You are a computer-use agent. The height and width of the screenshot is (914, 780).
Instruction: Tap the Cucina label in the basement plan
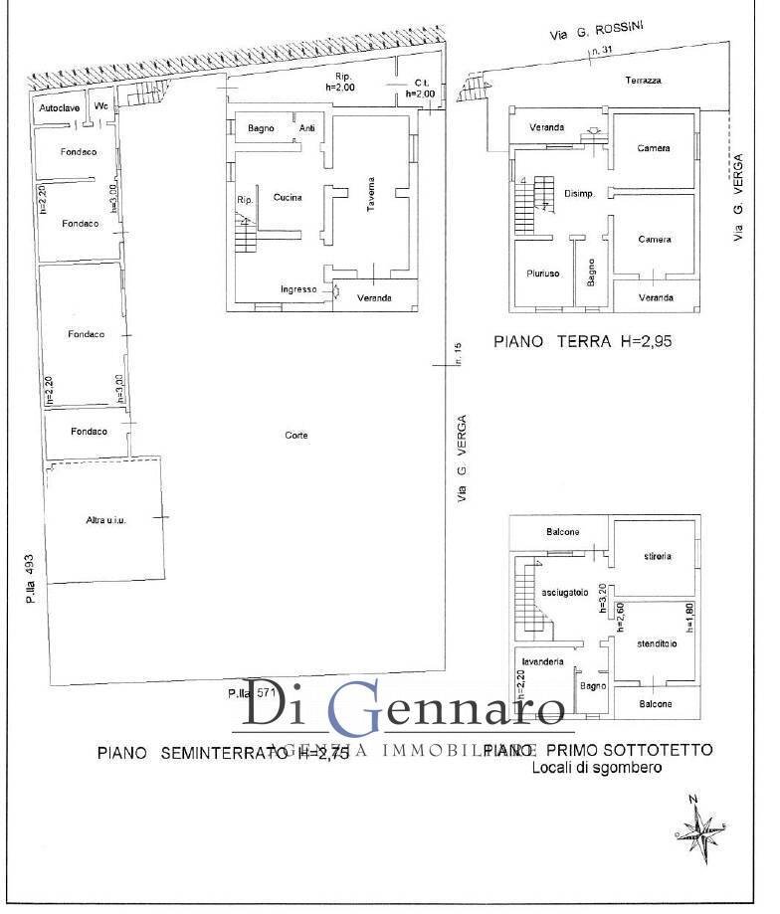tap(287, 197)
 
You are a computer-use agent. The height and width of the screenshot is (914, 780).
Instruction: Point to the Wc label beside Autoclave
tap(99, 105)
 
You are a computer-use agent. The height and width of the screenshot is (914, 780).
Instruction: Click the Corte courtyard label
tap(295, 435)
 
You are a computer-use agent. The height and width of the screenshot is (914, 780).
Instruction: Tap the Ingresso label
tap(298, 289)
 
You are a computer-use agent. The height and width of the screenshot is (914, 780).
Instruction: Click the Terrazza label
tap(644, 80)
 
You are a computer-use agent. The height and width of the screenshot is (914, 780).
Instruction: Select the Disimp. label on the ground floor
tap(579, 194)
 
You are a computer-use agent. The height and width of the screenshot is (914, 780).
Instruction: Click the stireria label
tap(656, 556)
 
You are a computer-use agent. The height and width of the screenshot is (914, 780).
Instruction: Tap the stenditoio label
tap(657, 643)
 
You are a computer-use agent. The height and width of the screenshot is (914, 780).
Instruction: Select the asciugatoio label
tap(565, 593)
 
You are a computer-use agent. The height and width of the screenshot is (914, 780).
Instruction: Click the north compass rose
tap(703, 826)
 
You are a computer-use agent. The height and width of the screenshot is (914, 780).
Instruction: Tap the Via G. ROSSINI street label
tap(596, 31)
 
